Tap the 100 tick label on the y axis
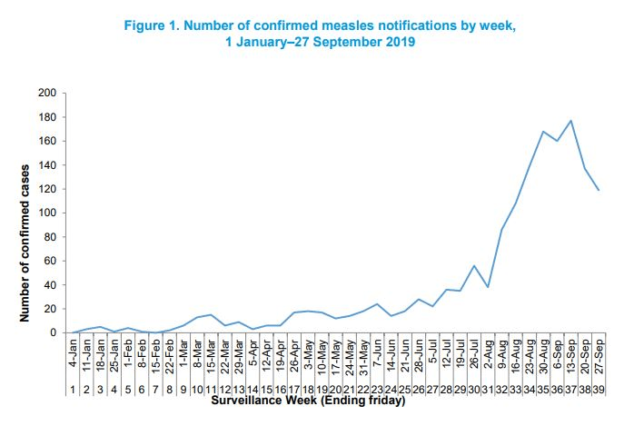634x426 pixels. pyautogui.click(x=45, y=213)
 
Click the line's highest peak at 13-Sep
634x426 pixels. pyautogui.click(x=570, y=121)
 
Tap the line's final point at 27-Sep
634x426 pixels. pyautogui.click(x=599, y=190)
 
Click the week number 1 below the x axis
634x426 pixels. pyautogui.click(x=70, y=389)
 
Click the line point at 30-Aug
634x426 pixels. pyautogui.click(x=541, y=132)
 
